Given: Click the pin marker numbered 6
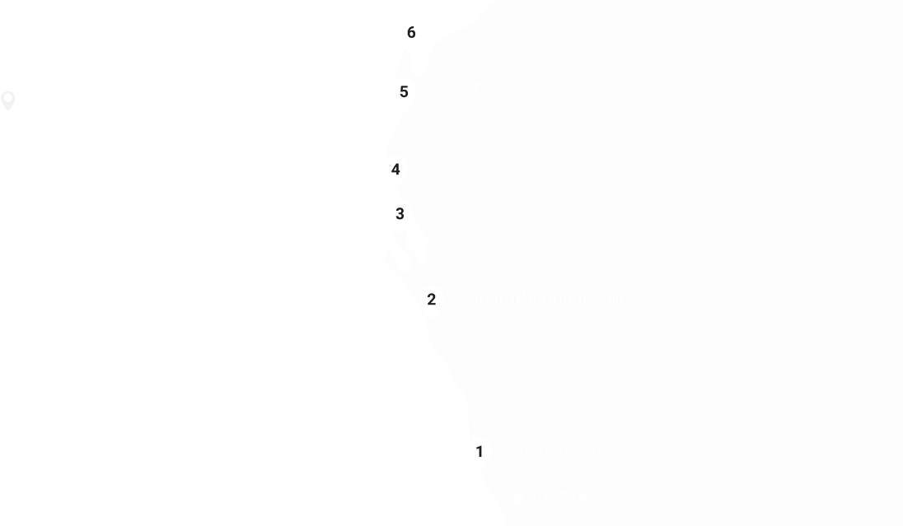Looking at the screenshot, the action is tap(411, 33).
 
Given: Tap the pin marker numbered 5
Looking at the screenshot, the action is tap(404, 91).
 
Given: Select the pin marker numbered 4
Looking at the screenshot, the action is tap(396, 170).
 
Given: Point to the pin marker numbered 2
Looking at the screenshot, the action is tap(432, 299).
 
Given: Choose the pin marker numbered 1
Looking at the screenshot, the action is tap(480, 451).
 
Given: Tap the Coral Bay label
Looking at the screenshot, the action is tap(466, 91).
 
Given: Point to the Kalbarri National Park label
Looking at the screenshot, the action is tap(540, 298).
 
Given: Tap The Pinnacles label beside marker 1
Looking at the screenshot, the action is tap(559, 450).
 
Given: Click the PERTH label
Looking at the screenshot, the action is tap(564, 498).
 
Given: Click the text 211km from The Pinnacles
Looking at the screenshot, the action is tap(692, 500).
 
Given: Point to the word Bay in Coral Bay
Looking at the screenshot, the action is tap(489, 91).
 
